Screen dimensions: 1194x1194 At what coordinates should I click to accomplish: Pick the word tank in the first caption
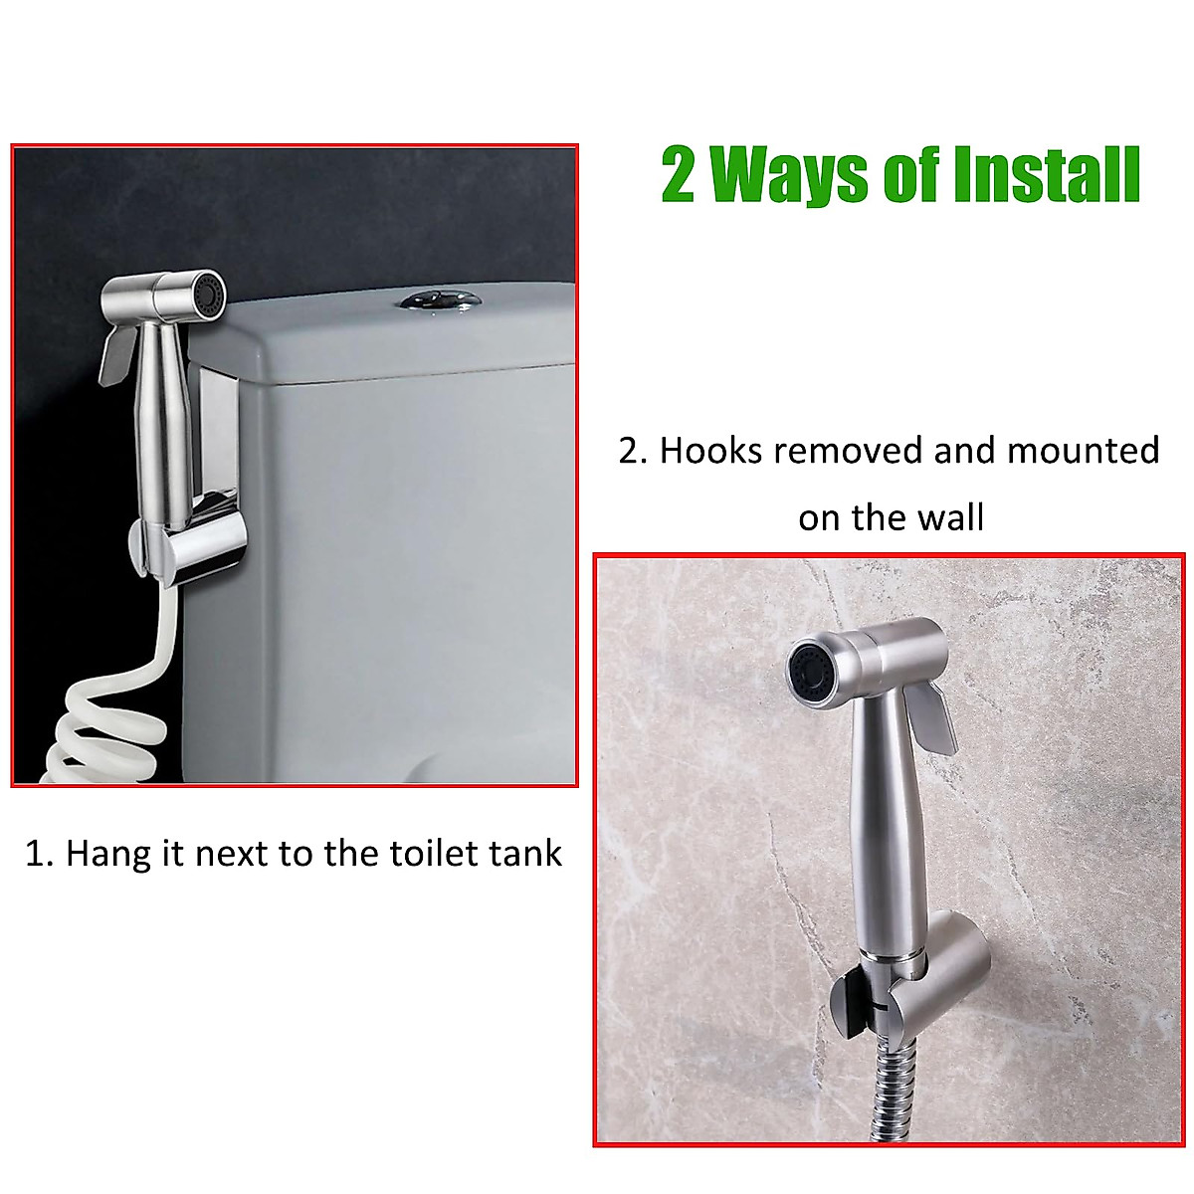coord(524,853)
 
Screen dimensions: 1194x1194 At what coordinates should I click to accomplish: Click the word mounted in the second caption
coord(1083,451)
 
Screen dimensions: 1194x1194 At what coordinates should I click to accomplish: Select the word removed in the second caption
coord(850,451)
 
